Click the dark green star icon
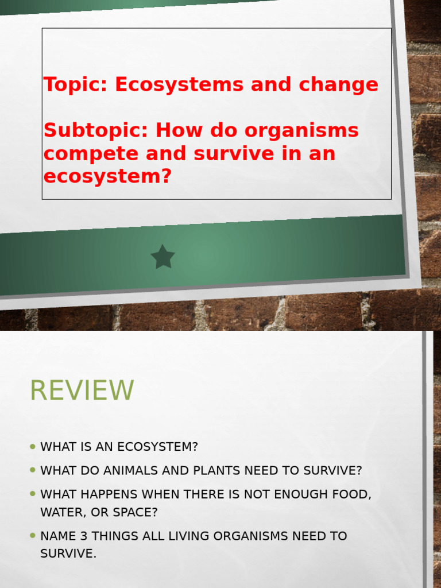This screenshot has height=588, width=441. point(163,257)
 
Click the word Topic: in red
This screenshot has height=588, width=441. point(76,84)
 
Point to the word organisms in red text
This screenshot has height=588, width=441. point(301,130)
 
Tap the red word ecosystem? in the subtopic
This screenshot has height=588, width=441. point(107,176)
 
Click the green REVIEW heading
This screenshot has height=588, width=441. point(82,390)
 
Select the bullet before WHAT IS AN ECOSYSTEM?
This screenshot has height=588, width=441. point(33,446)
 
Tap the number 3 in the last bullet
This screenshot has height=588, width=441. point(82,536)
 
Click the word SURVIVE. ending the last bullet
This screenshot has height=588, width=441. point(68,554)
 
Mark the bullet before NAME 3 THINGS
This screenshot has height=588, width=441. point(33,536)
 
